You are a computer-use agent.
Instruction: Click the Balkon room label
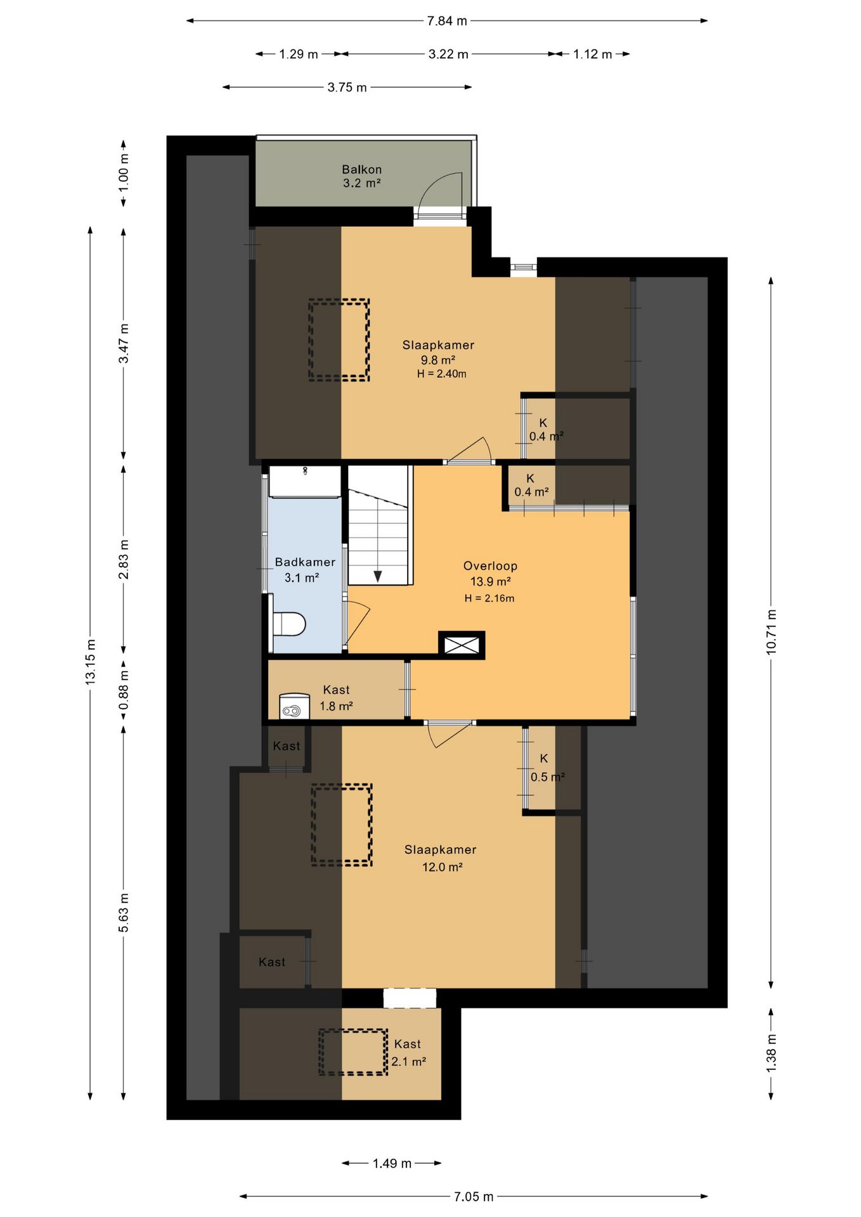point(362,169)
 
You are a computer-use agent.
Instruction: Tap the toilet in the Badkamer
point(288,624)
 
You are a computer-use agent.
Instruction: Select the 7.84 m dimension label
point(447,21)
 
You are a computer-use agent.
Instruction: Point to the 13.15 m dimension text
point(91,661)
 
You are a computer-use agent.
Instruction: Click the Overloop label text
point(490,566)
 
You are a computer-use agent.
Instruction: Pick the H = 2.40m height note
point(441,374)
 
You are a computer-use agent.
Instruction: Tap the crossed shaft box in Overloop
point(462,645)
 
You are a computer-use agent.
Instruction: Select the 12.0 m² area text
point(443,867)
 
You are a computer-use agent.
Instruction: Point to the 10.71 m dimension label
point(771,632)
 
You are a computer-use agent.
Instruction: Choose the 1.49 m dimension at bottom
point(392,1163)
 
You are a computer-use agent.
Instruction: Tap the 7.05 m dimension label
point(474,1197)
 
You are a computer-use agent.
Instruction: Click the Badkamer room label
point(305,562)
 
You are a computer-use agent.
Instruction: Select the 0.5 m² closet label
point(548,777)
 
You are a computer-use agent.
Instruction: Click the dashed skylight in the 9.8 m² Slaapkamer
point(339,340)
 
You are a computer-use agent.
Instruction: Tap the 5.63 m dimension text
point(124,913)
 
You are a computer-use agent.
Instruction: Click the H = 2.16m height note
point(489,598)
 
